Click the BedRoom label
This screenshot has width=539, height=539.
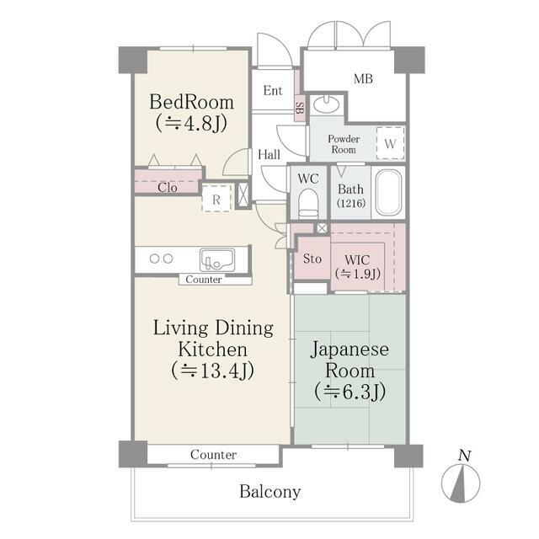pyautogui.click(x=191, y=102)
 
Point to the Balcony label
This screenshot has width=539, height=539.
pyautogui.click(x=269, y=492)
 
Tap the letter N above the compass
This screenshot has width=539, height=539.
pyautogui.click(x=463, y=456)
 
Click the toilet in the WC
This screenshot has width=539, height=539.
pyautogui.click(x=307, y=202)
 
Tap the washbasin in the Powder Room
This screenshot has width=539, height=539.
pyautogui.click(x=326, y=105)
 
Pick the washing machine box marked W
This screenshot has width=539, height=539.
pyautogui.click(x=389, y=142)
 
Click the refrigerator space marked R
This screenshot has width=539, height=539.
pyautogui.click(x=216, y=200)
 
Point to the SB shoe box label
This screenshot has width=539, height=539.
pyautogui.click(x=299, y=107)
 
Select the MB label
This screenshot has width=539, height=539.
pyautogui.click(x=363, y=79)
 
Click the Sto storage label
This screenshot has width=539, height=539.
pyautogui.click(x=312, y=259)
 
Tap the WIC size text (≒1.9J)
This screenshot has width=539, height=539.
pyautogui.click(x=358, y=273)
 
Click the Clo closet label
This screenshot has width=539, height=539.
pyautogui.click(x=168, y=187)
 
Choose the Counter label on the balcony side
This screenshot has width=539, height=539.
pyautogui.click(x=213, y=455)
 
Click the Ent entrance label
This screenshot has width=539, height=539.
pyautogui.click(x=273, y=91)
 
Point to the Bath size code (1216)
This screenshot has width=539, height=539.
pyautogui.click(x=350, y=204)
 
